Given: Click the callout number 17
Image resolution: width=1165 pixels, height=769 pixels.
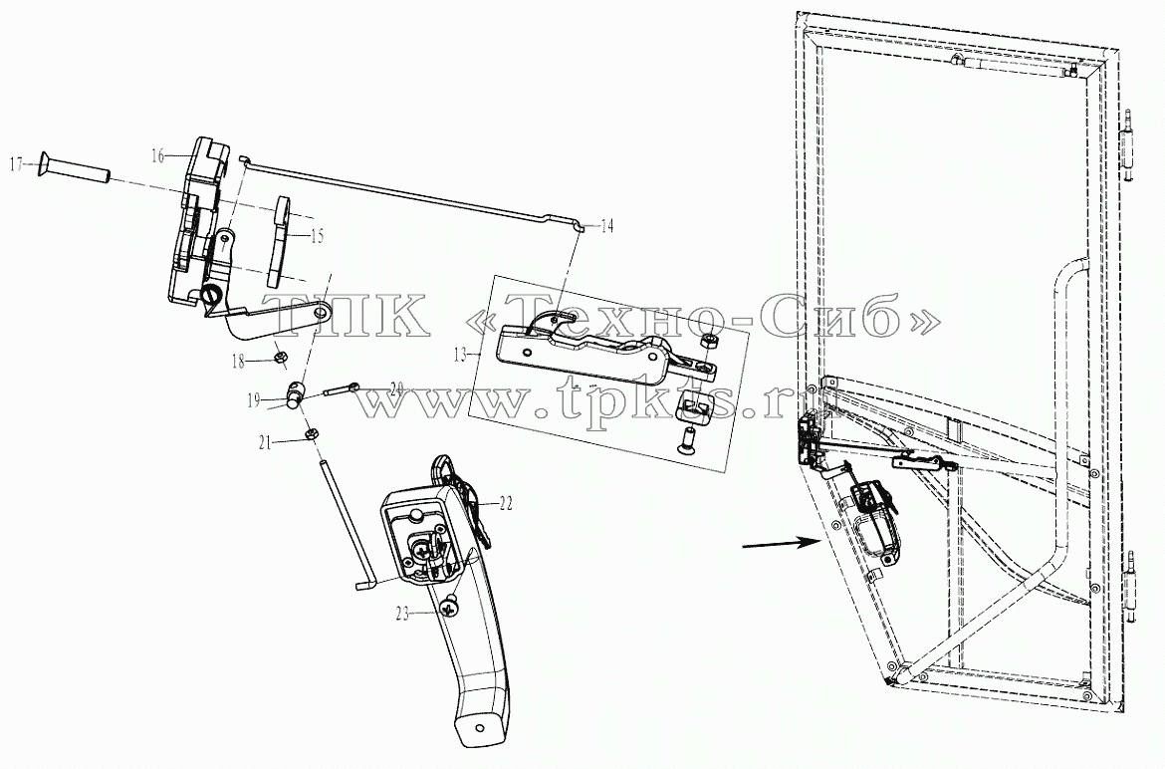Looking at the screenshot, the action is tap(16, 162).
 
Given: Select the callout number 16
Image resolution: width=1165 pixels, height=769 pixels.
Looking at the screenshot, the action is tap(157, 155).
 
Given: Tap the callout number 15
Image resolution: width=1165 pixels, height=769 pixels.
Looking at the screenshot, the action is tap(318, 237).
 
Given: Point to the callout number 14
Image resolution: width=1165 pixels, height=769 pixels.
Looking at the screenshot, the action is tap(607, 226).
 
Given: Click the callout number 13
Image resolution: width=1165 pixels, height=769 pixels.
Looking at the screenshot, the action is tap(461, 356).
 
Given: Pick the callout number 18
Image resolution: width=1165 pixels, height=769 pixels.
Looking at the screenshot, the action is tap(239, 362).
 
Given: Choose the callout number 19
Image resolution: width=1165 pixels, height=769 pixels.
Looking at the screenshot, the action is tap(254, 401).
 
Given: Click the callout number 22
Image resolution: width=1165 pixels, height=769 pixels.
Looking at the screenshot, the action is tap(505, 504).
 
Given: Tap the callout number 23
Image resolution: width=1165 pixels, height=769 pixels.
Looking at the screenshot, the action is tap(402, 616).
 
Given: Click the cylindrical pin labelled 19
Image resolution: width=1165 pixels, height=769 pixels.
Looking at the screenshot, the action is tap(297, 393).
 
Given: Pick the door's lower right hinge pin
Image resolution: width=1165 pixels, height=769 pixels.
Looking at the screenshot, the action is tap(1131, 585).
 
